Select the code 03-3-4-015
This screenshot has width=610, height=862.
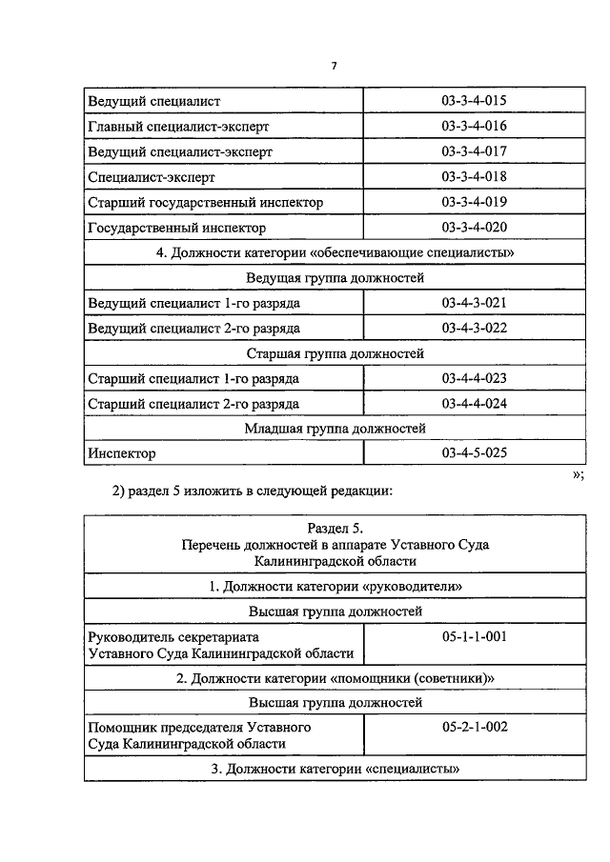click(474, 101)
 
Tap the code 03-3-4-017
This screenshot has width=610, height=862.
click(474, 151)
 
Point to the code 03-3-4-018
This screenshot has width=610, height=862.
click(474, 177)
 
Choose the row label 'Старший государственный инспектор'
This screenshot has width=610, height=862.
click(205, 203)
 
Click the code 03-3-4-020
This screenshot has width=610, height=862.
click(474, 228)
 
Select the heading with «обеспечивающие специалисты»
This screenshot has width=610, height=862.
click(335, 252)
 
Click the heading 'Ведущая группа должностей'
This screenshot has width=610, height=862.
click(335, 278)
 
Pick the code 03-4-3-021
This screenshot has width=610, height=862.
click(474, 303)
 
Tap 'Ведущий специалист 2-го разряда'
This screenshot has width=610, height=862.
click(193, 328)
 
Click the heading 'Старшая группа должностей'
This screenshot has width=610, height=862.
click(335, 353)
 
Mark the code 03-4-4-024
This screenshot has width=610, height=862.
click(474, 404)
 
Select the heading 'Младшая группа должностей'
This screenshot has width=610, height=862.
click(335, 429)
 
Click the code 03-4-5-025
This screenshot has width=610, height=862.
click(474, 453)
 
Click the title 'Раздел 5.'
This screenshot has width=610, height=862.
click(335, 528)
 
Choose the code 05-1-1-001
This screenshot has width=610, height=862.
click(474, 636)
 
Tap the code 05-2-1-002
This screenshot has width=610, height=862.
click(474, 727)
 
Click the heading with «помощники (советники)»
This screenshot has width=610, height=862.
click(335, 678)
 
